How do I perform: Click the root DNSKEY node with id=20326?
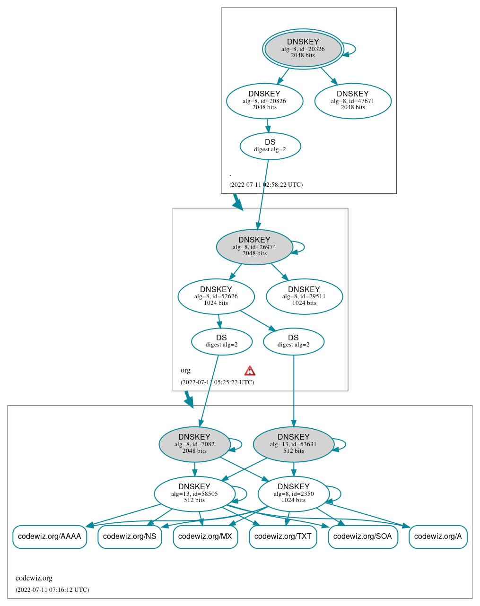pyautogui.click(x=303, y=49)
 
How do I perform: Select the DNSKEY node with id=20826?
pyautogui.click(x=264, y=101)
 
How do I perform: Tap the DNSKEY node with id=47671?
pyautogui.click(x=353, y=101)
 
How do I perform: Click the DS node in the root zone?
pyautogui.click(x=270, y=146)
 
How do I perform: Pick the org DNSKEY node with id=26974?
pyautogui.click(x=254, y=247)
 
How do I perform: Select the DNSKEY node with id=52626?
pyautogui.click(x=216, y=296)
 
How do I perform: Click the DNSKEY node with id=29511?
pyautogui.click(x=304, y=296)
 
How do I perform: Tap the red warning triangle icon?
pyautogui.click(x=250, y=371)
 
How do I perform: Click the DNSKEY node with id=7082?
pyautogui.click(x=194, y=444)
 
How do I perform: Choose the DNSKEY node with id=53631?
pyautogui.click(x=294, y=444)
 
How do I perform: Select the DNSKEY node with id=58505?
pyautogui.click(x=194, y=493)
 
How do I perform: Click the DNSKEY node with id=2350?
pyautogui.click(x=294, y=493)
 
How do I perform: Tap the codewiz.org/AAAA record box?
pyautogui.click(x=50, y=537)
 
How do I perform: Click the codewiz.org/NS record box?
pyautogui.click(x=130, y=537)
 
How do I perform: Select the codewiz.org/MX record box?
pyautogui.click(x=205, y=537)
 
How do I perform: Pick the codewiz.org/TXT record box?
pyautogui.click(x=283, y=537)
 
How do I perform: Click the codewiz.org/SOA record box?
pyautogui.click(x=363, y=537)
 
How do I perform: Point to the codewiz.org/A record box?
pyautogui.click(x=438, y=537)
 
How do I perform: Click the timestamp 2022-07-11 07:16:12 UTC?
pyautogui.click(x=52, y=589)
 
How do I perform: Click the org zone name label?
pyautogui.click(x=185, y=370)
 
